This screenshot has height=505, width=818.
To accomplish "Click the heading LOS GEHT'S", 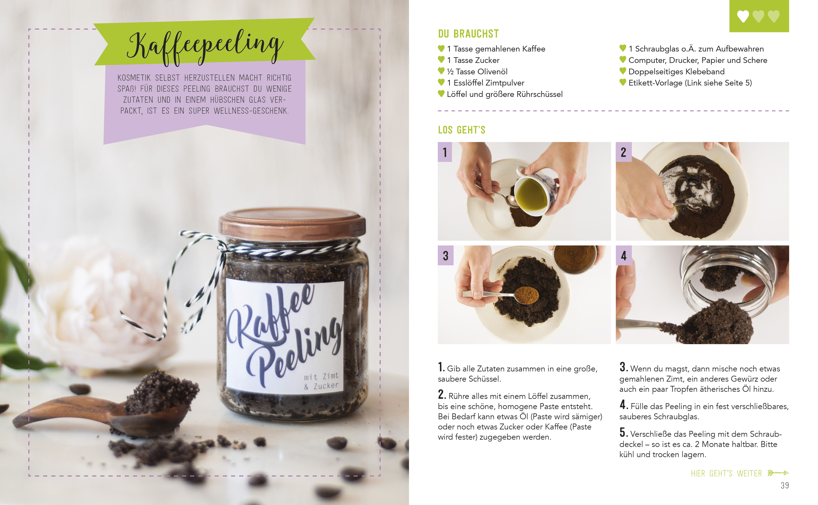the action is pyautogui.click(x=462, y=130).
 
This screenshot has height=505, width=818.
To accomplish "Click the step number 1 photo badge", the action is pyautogui.click(x=445, y=152).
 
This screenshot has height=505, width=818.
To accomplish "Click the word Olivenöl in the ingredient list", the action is pyautogui.click(x=492, y=71).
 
